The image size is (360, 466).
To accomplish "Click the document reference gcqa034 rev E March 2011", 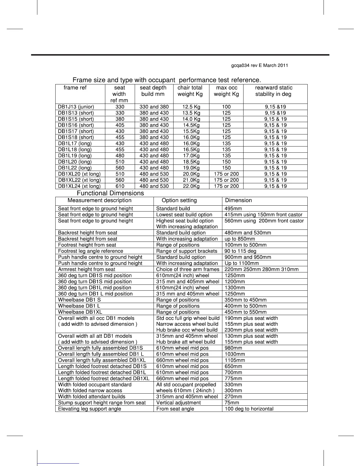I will coord(259,65).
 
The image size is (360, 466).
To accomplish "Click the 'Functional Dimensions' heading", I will coord(110,193).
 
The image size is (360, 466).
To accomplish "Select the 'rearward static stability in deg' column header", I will coord(274,91).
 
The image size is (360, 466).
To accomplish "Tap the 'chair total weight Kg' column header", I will coord(190,91).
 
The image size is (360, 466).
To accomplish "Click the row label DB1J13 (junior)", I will coord(76,107).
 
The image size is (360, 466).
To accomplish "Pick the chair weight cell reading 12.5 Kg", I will coord(191,107).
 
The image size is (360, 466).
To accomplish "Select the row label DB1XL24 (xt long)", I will coord(79,186).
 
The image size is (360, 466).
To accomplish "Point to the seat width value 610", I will coord(120,186).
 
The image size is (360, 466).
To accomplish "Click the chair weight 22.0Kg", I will coord(191,186).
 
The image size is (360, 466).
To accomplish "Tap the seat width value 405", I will coord(120,125).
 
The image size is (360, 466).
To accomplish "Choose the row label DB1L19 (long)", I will coord(75,156).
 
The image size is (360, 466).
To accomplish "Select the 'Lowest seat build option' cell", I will coord(184,215).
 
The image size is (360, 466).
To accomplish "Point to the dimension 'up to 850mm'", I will coord(240,239).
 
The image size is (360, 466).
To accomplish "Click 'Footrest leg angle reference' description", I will coord(91,251).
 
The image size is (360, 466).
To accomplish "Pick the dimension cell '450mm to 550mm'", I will coord(246,312).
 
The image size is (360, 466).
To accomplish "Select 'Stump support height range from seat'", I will coord(102,403).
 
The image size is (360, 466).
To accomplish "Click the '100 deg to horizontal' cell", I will coord(249,409).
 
